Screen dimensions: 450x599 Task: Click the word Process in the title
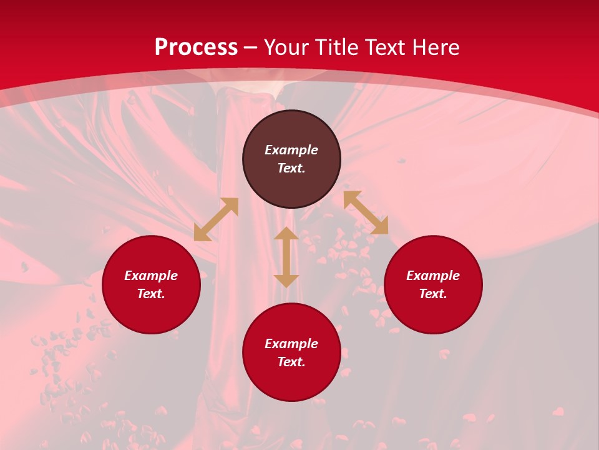point(196,47)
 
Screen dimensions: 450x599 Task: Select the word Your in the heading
point(287,47)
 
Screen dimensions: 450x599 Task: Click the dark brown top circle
point(291,181)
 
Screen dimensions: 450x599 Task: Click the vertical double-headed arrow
point(286,257)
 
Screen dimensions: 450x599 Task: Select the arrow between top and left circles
point(216,219)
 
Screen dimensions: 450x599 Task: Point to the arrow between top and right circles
point(366,212)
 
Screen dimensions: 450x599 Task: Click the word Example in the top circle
point(291,150)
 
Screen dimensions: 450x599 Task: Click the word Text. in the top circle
point(291,168)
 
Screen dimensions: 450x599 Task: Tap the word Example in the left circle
point(151,276)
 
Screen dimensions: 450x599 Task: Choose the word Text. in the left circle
point(151,294)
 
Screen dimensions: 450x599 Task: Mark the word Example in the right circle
point(433,276)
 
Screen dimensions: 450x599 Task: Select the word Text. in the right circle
point(433,294)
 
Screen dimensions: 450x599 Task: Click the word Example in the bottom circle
point(291,344)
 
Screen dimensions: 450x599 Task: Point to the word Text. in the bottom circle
point(291,362)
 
